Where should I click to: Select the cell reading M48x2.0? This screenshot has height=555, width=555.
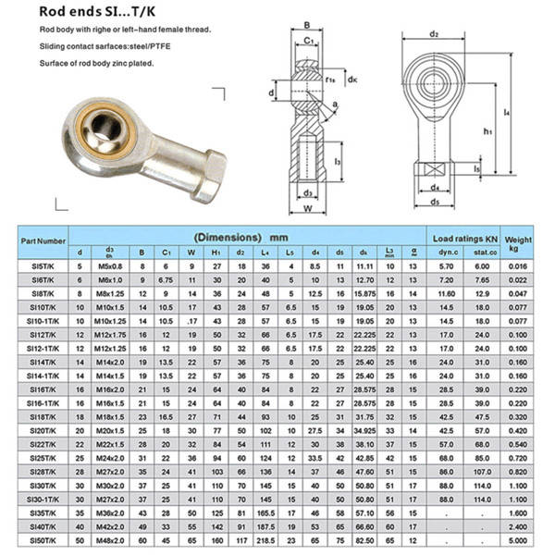pos(110,538)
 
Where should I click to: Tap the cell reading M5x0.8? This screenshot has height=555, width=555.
pos(110,266)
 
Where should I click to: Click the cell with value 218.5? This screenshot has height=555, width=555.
pos(265,538)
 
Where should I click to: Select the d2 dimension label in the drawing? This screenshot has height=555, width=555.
pos(433,34)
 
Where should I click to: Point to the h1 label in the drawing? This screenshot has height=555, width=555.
pos(487,131)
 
